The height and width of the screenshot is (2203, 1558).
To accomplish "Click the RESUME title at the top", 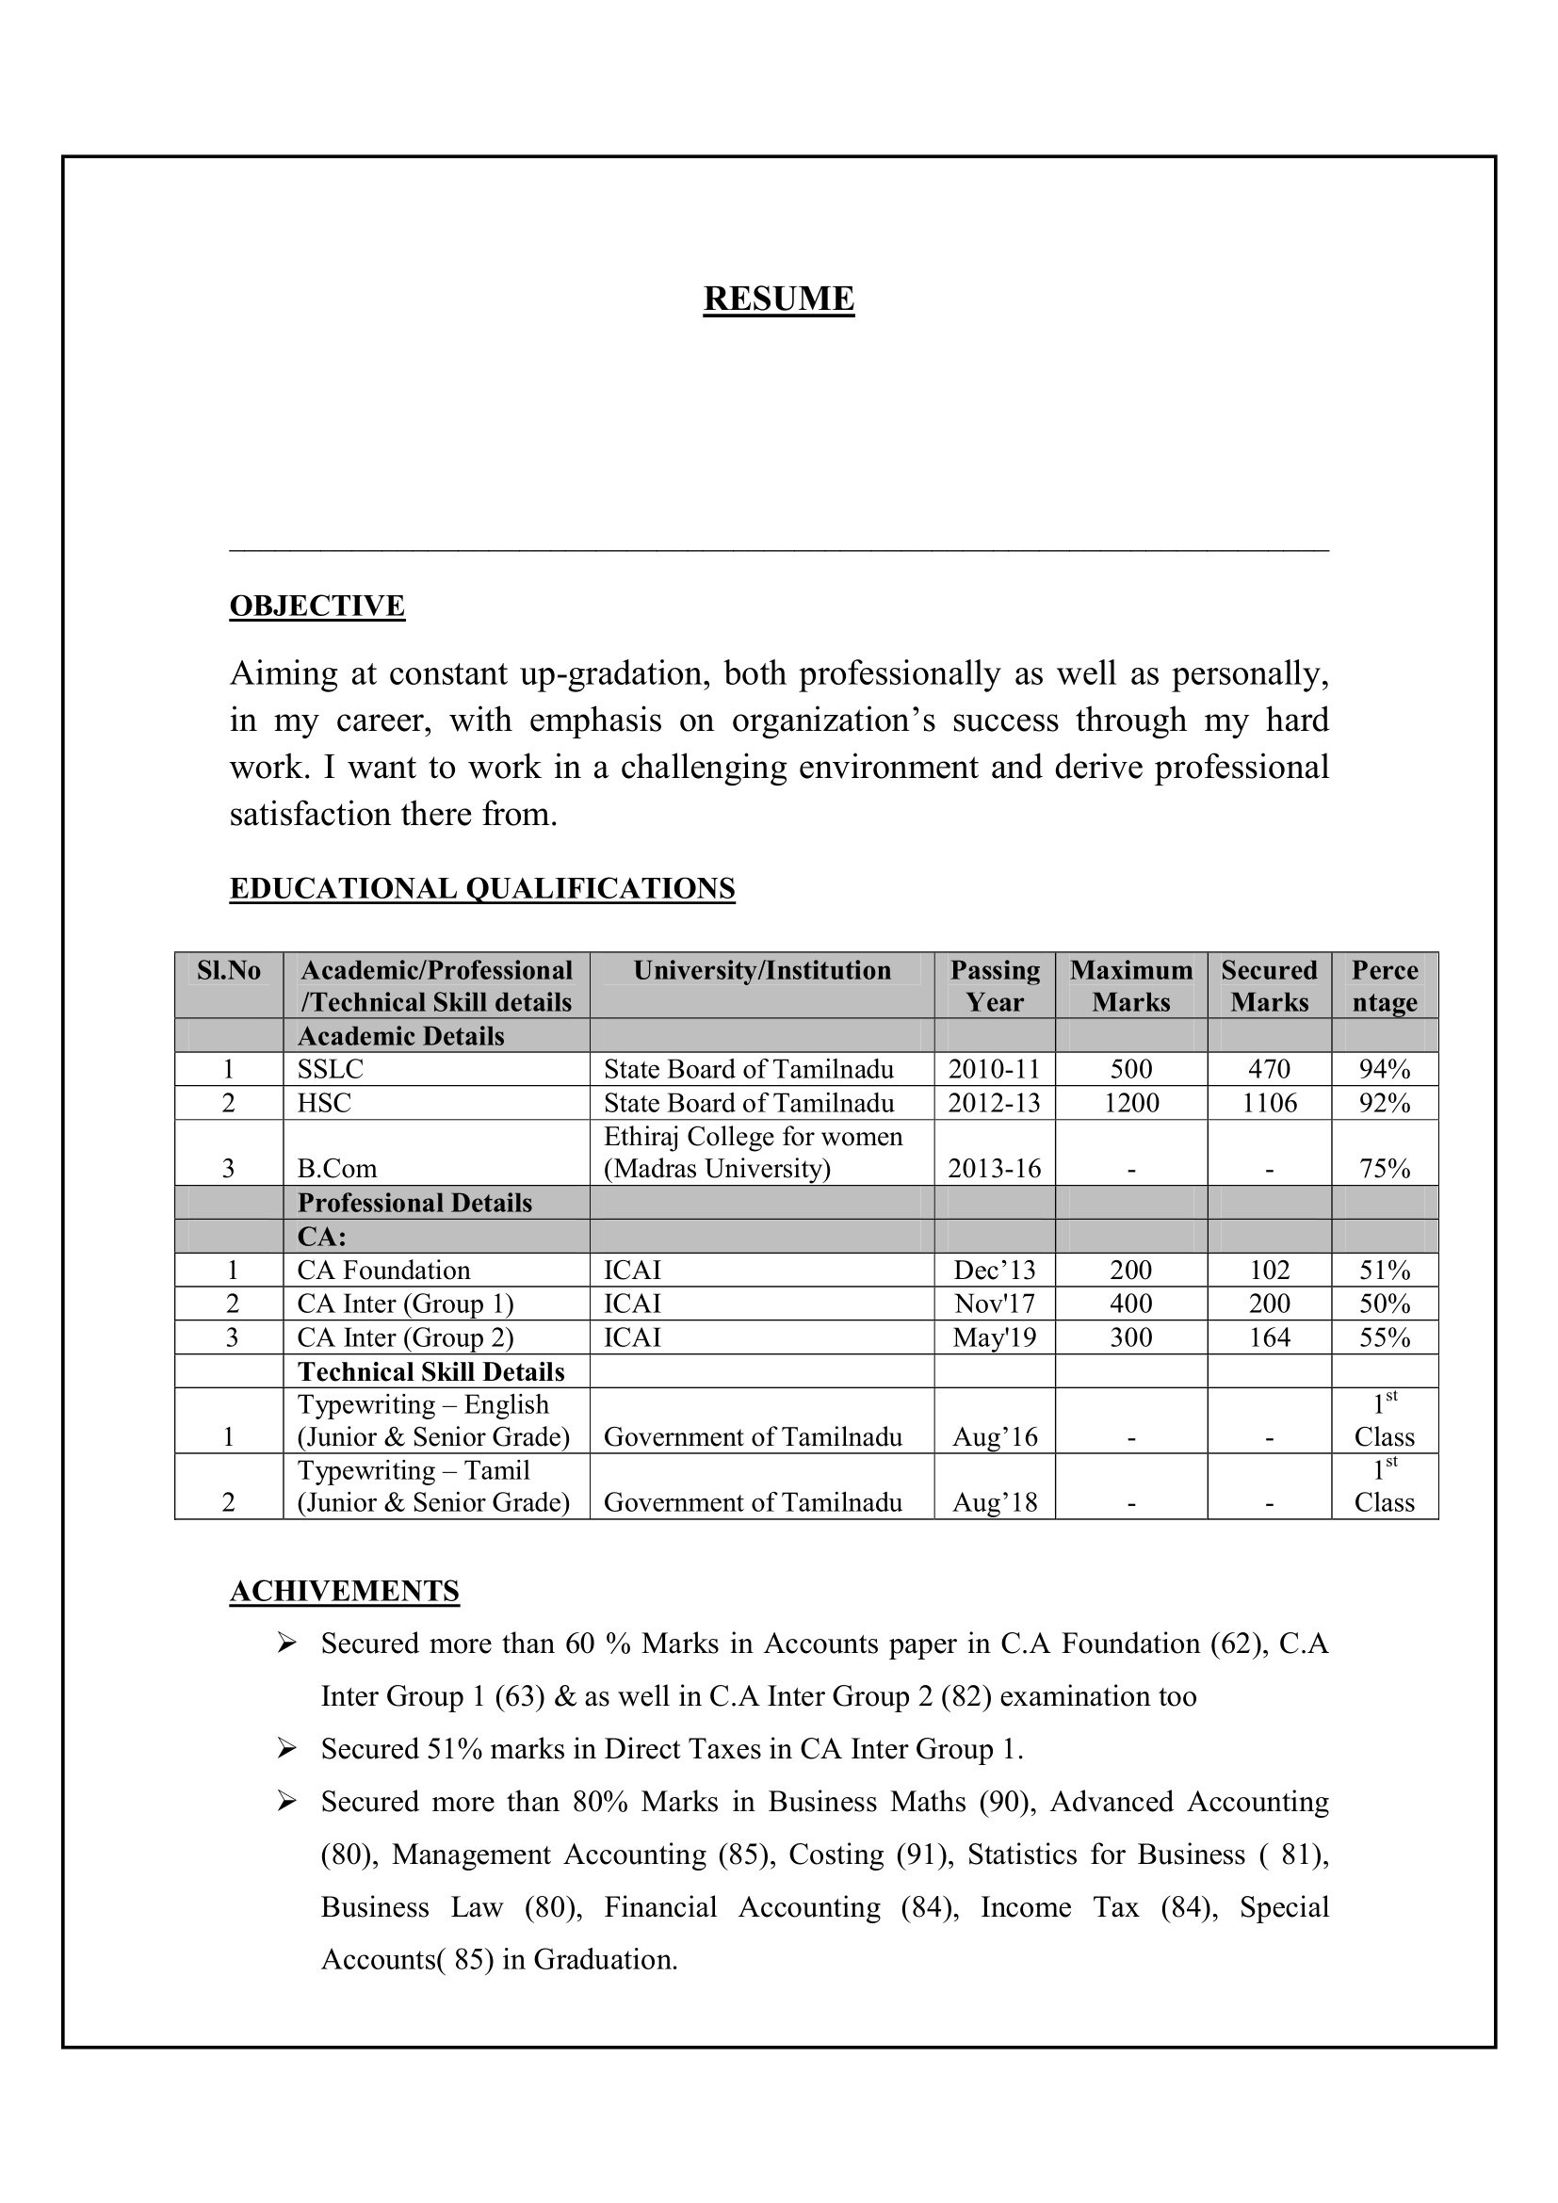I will click(778, 300).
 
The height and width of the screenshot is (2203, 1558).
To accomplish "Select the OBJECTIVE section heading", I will click(316, 607).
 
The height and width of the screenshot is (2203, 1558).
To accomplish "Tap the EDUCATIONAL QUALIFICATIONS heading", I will click(481, 888).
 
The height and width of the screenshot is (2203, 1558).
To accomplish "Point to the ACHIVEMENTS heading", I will click(345, 1591).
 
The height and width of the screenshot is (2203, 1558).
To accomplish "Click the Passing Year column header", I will click(995, 985).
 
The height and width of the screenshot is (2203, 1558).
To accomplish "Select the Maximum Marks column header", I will click(1131, 985).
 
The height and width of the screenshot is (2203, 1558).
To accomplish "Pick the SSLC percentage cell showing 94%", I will click(1385, 1069).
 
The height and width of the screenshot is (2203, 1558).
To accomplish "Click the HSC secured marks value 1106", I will click(1269, 1103).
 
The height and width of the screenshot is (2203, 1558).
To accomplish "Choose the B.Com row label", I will click(336, 1169).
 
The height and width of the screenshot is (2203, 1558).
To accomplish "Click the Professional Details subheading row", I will click(414, 1203).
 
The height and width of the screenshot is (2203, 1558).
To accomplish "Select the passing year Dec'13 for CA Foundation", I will click(995, 1271).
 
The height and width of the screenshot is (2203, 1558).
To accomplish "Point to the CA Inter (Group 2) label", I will click(405, 1337).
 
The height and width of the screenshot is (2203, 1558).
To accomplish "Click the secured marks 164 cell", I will click(1269, 1337).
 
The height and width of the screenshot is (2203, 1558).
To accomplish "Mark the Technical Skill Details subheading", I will click(430, 1371).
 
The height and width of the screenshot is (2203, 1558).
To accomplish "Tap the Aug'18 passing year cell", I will click(995, 1502).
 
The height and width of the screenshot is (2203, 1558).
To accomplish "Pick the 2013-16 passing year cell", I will click(995, 1169).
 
